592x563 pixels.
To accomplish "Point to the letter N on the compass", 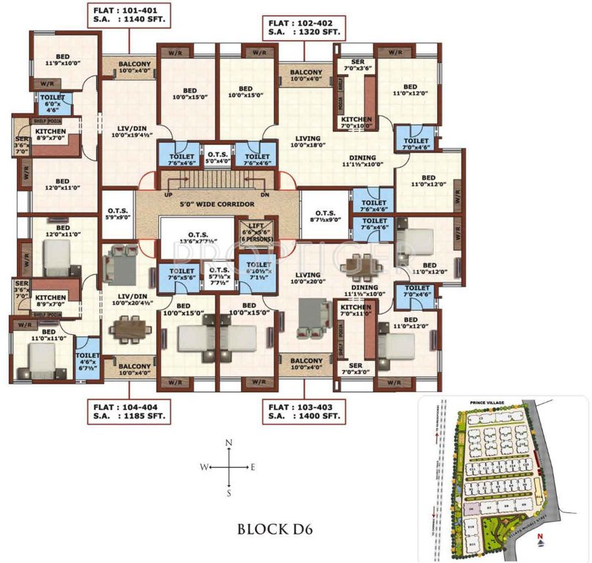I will [229, 443].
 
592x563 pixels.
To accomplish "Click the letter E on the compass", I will [254, 467].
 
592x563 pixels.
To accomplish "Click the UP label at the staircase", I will [169, 196].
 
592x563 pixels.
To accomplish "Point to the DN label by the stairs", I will [265, 196].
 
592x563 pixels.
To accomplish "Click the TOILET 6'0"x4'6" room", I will [51, 102].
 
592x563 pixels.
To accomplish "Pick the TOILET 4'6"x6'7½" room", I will [87, 359].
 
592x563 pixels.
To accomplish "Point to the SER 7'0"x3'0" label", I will [357, 369].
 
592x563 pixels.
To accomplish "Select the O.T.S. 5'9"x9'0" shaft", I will [116, 214].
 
